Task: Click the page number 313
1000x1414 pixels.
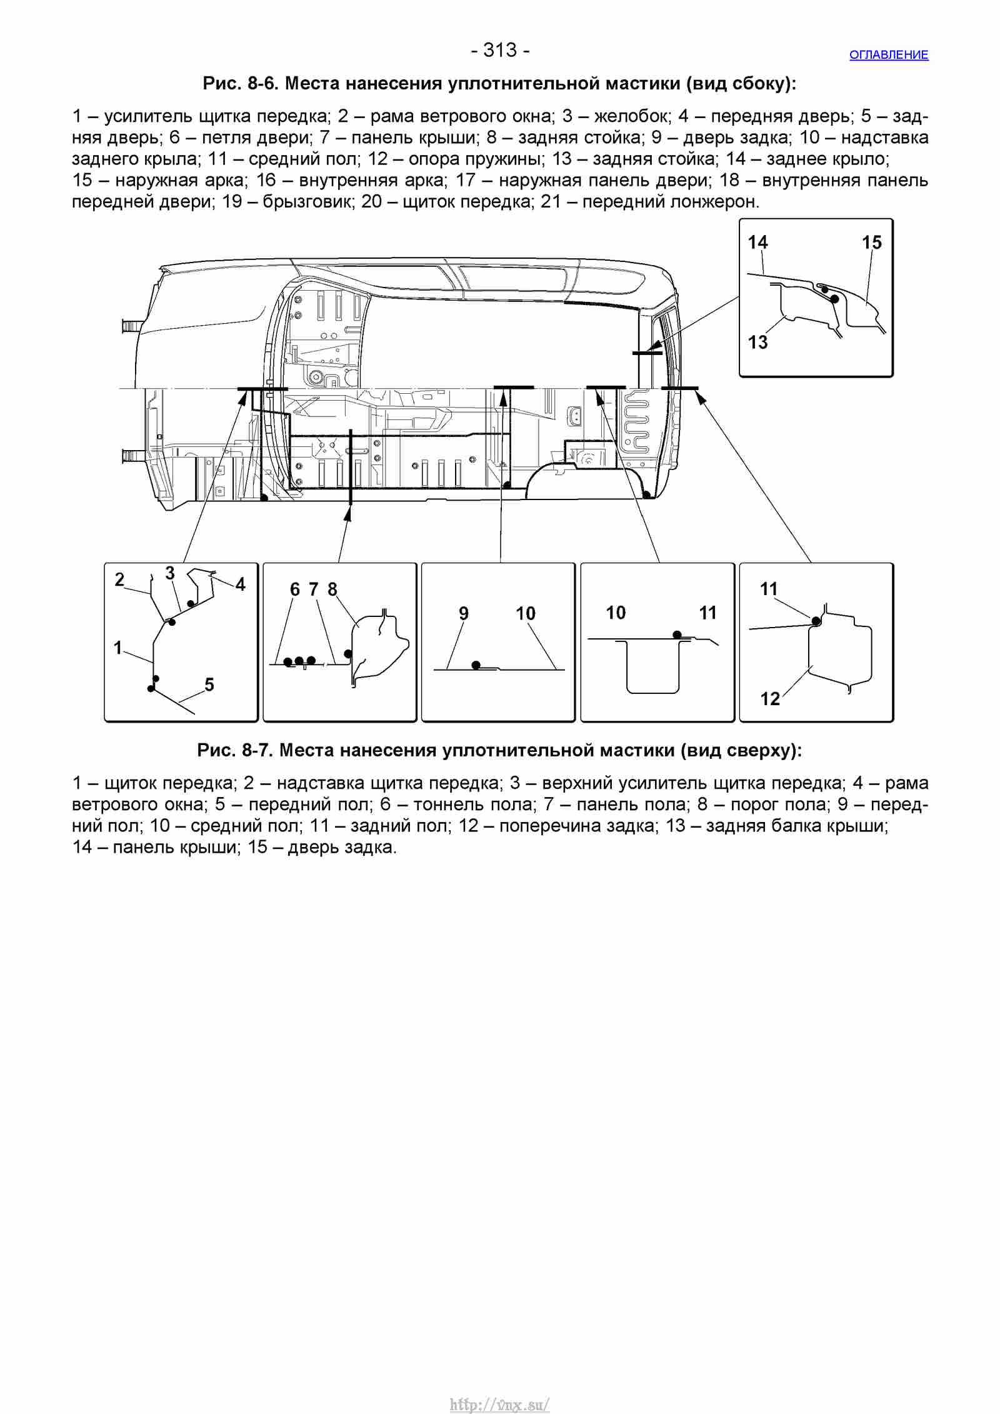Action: (500, 50)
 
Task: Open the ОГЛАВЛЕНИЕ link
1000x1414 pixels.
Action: (889, 55)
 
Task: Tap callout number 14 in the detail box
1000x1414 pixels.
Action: (758, 243)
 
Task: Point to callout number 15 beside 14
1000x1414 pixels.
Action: (872, 243)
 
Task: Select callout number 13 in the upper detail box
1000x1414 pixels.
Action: (758, 343)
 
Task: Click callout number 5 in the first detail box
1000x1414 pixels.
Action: (209, 685)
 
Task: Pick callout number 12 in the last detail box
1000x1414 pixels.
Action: (770, 699)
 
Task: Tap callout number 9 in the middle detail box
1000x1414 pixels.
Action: (464, 613)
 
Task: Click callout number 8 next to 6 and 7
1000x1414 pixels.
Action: (332, 589)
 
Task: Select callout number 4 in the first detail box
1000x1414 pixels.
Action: (241, 584)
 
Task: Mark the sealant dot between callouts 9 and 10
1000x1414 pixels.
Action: (476, 665)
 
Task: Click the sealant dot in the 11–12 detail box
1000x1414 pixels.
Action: (816, 621)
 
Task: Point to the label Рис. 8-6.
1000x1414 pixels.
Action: (241, 84)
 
